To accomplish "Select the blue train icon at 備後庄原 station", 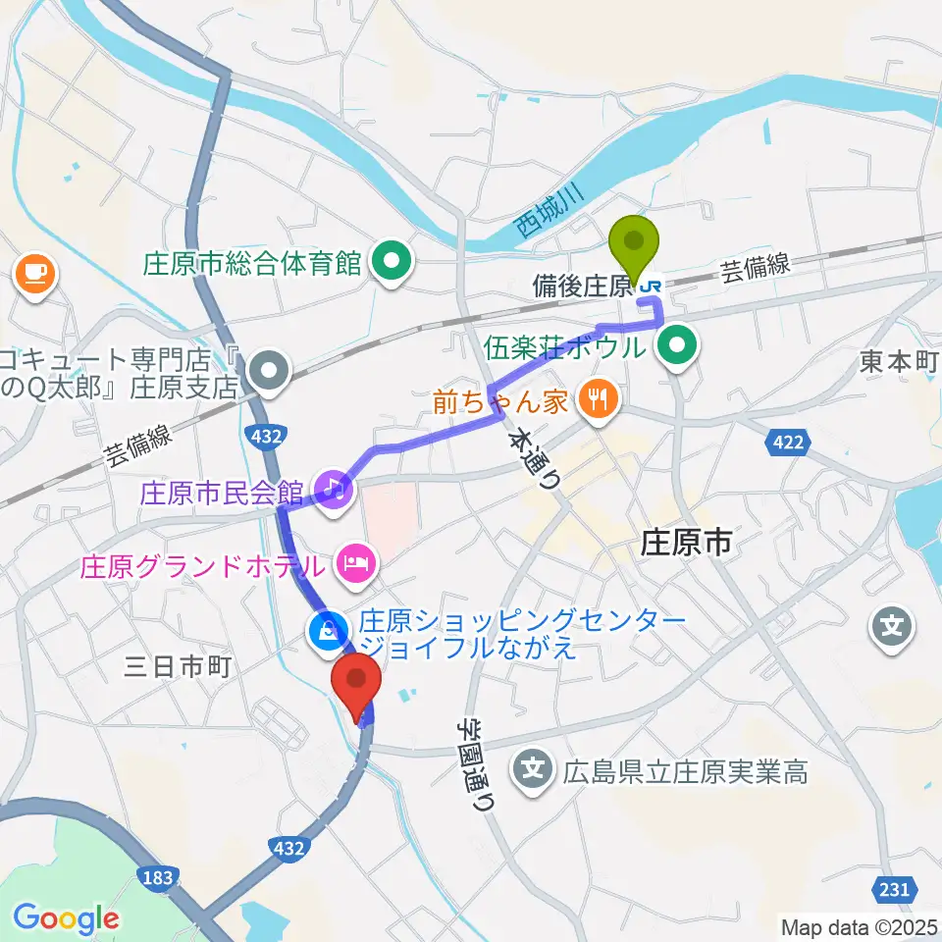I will pos(650,286).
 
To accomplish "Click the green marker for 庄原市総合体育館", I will pos(393,262).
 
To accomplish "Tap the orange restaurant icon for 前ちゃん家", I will pos(594,397).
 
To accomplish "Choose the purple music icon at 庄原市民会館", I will pos(333,486).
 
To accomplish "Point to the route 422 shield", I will pos(788,444).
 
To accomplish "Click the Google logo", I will pos(66,918).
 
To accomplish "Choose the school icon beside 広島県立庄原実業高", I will pos(533,765).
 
